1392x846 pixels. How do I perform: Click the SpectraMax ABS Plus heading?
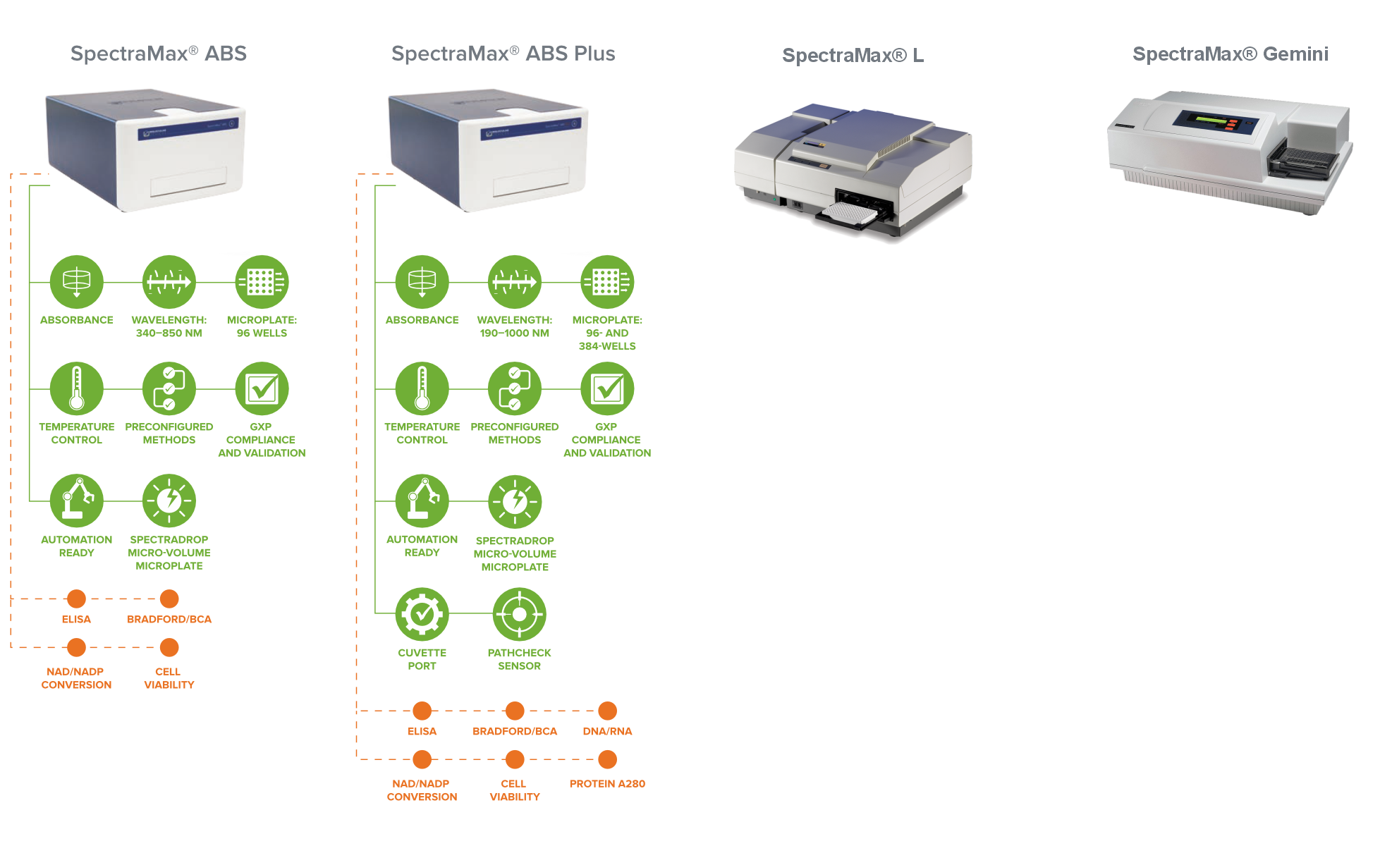pos(503,54)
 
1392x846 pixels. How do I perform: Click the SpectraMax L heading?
pos(853,56)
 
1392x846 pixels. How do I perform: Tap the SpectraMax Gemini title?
pos(1230,54)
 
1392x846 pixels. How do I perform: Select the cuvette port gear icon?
pos(422,614)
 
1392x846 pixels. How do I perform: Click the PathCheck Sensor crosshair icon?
pos(519,614)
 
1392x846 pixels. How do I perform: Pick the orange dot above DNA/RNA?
pos(607,711)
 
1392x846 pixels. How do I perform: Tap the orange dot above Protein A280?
pos(607,759)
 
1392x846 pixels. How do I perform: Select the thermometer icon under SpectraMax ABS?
pos(76,388)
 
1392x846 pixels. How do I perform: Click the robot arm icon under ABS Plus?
pos(422,501)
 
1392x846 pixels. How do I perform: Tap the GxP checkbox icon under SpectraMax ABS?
pos(261,388)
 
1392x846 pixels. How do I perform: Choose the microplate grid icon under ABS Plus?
pos(606,282)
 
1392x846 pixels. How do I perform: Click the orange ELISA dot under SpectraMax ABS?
pos(76,599)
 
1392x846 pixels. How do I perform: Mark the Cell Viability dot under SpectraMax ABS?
pos(169,647)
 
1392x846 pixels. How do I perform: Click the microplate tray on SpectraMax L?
pos(850,214)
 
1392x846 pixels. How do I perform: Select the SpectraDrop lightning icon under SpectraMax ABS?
pos(169,501)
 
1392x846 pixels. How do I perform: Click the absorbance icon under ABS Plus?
pos(422,282)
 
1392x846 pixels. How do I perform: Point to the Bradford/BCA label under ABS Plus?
pos(515,731)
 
